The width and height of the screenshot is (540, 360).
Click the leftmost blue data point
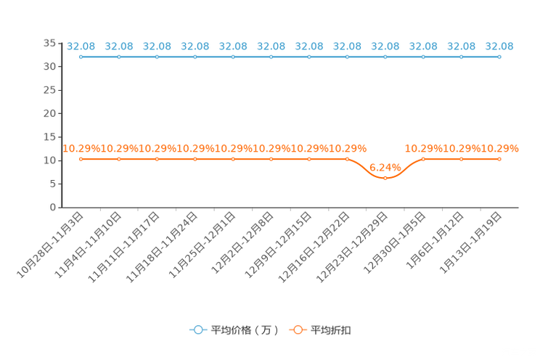tap(81, 57)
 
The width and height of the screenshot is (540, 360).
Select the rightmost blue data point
tap(499, 57)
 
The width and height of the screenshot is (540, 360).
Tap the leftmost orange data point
tap(81, 159)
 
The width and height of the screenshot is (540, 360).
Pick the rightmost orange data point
tap(499, 159)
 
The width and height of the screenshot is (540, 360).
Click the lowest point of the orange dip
tap(385, 177)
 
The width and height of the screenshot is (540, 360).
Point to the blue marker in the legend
tap(197, 330)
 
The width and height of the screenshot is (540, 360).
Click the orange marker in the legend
tap(297, 330)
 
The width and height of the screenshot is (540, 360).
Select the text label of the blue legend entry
tap(245, 330)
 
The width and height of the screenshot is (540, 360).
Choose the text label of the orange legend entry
tap(332, 330)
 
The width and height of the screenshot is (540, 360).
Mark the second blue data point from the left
tap(119, 57)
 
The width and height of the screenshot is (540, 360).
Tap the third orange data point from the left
tap(157, 159)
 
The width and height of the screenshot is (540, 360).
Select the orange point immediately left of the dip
tap(347, 159)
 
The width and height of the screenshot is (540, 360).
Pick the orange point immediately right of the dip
tap(423, 159)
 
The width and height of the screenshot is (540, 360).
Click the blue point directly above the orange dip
tap(385, 57)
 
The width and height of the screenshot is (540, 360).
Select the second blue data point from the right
tap(461, 57)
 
